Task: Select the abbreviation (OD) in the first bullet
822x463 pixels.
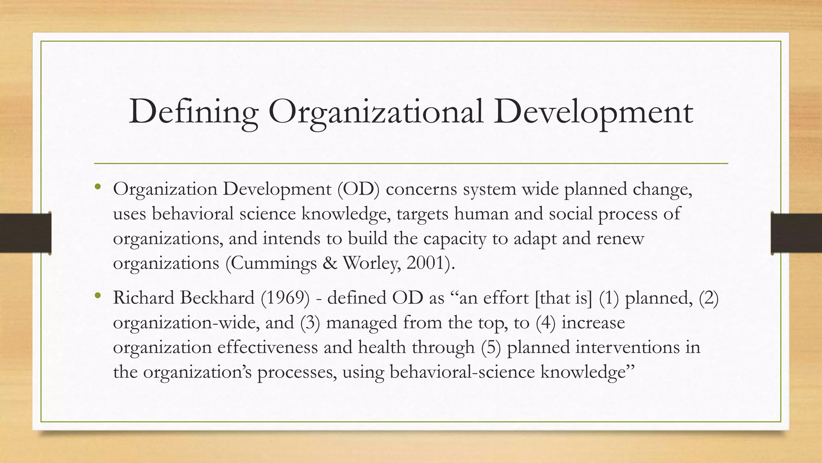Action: (x=358, y=189)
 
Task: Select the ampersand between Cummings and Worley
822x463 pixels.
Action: (x=330, y=263)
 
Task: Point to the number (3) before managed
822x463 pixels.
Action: (x=310, y=323)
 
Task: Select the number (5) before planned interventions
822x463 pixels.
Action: (x=491, y=347)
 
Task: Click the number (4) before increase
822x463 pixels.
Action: (x=545, y=323)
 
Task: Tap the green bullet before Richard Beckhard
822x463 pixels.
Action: (x=98, y=296)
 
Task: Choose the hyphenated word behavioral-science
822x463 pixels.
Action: (x=462, y=372)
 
